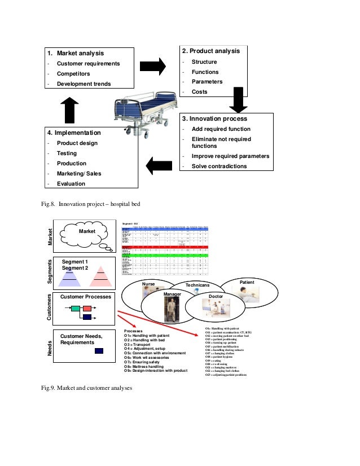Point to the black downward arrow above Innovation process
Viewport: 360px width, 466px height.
tap(238, 101)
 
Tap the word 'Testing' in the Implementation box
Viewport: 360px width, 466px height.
tap(67, 153)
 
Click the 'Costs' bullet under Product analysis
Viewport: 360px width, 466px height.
tap(199, 92)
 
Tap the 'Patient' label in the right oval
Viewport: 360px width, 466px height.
tap(247, 281)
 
